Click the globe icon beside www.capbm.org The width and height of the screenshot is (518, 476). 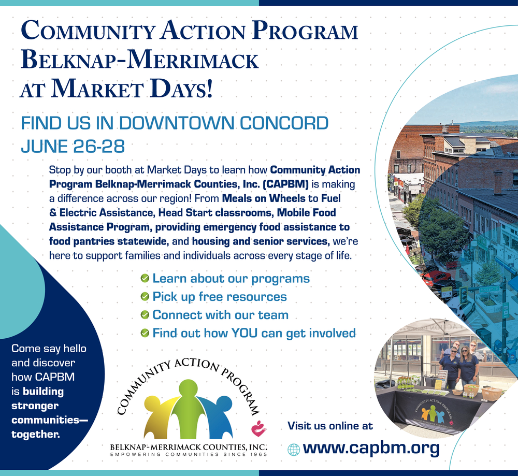[293, 450]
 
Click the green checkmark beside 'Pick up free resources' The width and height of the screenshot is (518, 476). [145, 297]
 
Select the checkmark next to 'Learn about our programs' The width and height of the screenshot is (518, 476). [145, 279]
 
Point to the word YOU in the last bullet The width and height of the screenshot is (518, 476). [244, 333]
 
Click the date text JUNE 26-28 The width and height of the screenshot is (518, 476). [73, 147]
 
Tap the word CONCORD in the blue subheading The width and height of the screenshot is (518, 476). [284, 123]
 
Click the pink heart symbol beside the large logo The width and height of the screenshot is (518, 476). [258, 429]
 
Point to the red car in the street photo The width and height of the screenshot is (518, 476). [436, 277]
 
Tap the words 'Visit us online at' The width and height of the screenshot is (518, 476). [330, 426]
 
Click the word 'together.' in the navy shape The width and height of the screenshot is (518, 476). [36, 434]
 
